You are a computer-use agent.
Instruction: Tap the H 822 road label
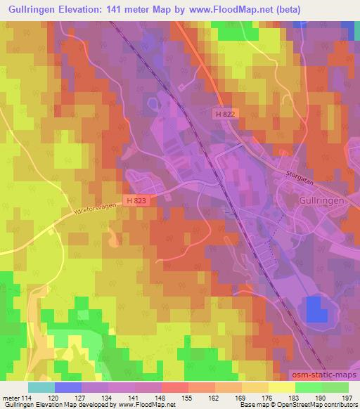click(225, 112)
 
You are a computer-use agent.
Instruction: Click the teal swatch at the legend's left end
click(41, 387)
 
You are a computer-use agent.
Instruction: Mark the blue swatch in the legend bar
click(68, 387)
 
